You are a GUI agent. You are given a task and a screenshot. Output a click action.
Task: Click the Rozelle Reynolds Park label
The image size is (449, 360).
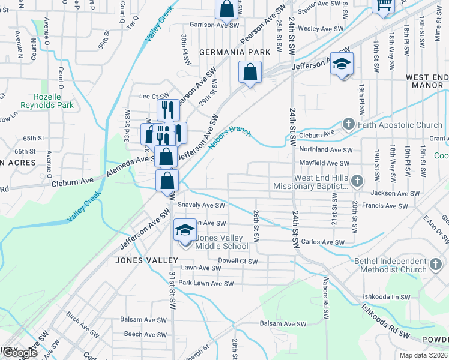(x=47, y=101)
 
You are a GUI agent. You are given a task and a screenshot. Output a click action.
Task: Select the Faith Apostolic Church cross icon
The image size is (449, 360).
(x=349, y=125)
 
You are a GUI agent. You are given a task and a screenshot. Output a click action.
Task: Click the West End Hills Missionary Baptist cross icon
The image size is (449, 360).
(x=357, y=181)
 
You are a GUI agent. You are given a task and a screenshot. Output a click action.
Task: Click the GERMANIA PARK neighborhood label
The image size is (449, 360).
(x=235, y=52)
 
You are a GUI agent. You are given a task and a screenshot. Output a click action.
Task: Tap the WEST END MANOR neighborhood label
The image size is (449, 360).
(x=427, y=81)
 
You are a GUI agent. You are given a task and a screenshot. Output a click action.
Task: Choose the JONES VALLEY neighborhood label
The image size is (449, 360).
(x=148, y=260)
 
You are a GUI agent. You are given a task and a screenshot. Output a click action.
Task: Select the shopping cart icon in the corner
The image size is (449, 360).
(x=382, y=5)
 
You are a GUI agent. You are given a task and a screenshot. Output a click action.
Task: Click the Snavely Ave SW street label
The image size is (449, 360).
(x=201, y=205)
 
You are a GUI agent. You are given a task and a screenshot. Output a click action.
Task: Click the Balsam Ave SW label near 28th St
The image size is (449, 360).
(x=283, y=324)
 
